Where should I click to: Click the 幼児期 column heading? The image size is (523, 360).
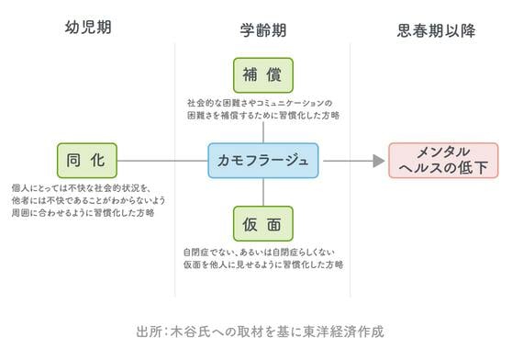click(x=88, y=28)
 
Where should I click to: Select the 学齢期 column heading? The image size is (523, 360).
click(x=263, y=30)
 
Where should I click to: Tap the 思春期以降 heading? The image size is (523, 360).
click(x=436, y=30)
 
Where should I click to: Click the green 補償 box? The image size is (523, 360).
click(x=263, y=75)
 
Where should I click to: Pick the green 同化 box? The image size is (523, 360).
click(x=87, y=161)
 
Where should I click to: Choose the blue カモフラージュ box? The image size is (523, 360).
click(x=263, y=161)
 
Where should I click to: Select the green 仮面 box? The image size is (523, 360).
click(x=263, y=224)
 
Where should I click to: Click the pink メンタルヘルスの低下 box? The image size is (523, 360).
click(x=443, y=161)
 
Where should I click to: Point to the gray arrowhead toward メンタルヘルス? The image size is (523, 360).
click(x=379, y=161)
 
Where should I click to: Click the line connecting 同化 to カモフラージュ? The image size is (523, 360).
click(x=162, y=161)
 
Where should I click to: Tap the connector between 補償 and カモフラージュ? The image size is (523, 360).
click(x=263, y=132)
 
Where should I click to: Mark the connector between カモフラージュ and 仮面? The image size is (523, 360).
click(x=263, y=192)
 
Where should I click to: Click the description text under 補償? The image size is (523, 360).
click(x=263, y=109)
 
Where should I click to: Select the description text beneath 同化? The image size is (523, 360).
click(x=88, y=200)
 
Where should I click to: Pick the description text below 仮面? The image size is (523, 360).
click(x=263, y=258)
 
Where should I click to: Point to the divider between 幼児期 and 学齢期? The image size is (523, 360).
click(x=175, y=170)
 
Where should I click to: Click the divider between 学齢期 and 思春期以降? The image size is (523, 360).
click(x=351, y=170)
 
